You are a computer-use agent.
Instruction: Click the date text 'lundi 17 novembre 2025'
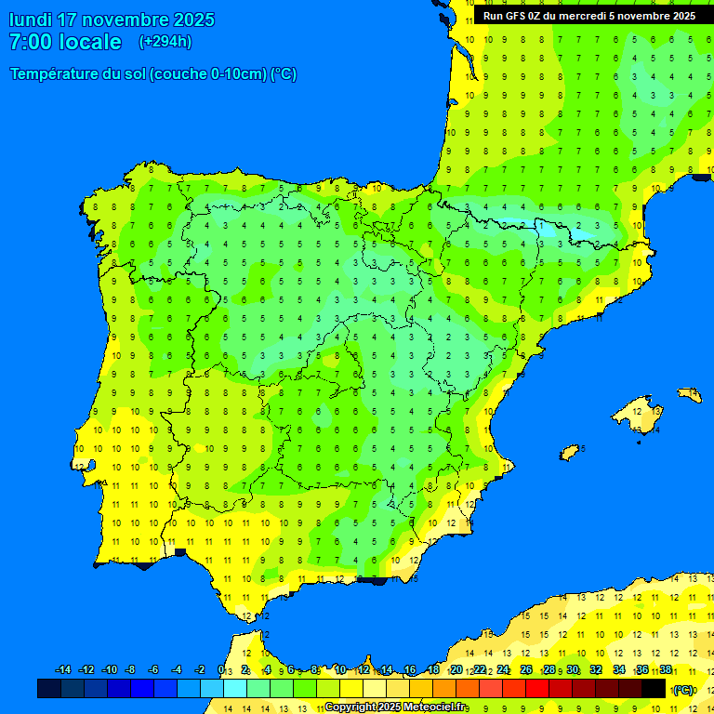(x=112, y=20)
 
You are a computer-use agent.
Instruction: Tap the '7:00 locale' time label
(x=65, y=42)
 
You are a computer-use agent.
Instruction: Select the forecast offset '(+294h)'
(x=165, y=42)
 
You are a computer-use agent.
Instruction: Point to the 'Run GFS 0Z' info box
(x=589, y=16)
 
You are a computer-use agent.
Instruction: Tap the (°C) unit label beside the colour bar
(x=683, y=689)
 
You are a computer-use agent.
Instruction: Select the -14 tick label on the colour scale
(x=63, y=670)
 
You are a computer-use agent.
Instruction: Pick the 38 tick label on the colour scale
(x=666, y=670)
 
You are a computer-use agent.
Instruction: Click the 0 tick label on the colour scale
(x=221, y=670)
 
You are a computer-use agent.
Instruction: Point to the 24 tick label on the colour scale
(x=503, y=670)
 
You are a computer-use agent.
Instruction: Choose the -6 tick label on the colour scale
(x=154, y=670)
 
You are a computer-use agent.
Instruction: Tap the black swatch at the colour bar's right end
(x=654, y=688)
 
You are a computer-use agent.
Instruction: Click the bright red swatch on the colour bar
(x=537, y=688)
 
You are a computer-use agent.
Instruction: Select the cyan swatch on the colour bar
(x=235, y=688)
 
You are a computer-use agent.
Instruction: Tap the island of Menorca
(x=689, y=394)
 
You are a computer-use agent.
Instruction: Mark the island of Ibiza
(x=570, y=453)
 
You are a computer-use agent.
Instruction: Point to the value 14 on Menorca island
(x=689, y=394)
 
